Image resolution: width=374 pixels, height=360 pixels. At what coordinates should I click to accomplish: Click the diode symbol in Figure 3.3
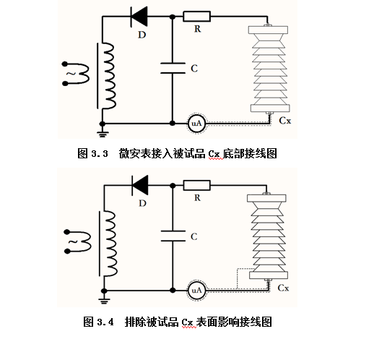point(139,17)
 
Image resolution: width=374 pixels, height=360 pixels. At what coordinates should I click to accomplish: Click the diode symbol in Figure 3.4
point(140,185)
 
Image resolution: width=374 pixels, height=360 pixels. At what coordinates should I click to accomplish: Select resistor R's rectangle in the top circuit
point(196,17)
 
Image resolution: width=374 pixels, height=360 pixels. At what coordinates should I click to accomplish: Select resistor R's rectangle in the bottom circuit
point(196,185)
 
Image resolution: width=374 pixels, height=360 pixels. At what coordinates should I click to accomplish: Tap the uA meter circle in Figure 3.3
point(197,124)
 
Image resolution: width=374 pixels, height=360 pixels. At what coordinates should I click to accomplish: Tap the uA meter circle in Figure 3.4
point(197,291)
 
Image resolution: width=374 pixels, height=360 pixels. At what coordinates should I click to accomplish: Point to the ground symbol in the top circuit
point(103,134)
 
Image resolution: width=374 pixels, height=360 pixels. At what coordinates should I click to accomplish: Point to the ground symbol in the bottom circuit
point(104,301)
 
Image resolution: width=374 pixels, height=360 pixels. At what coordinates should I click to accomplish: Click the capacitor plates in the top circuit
point(173,68)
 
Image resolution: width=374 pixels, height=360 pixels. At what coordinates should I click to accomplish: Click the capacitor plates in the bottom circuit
point(173,236)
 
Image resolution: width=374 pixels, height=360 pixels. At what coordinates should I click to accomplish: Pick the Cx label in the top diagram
point(285,121)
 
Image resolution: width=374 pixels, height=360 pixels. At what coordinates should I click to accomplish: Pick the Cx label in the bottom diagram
point(283,288)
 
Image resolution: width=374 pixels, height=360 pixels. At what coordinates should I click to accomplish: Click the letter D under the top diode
point(142,35)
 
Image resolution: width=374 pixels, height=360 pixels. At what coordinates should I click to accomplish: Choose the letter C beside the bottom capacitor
point(194,236)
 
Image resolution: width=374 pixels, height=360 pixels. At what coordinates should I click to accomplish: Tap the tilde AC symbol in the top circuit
point(71,74)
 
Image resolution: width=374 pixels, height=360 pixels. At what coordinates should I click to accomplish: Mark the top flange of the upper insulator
point(268,30)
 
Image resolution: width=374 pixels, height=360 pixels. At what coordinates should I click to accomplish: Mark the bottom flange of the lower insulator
point(269,275)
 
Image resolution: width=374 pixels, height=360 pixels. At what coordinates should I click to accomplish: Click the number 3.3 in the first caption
point(100,153)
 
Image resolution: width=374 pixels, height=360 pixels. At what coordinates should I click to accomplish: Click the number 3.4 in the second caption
point(105,322)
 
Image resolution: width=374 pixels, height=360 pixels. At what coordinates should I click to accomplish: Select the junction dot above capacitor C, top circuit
point(173,17)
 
